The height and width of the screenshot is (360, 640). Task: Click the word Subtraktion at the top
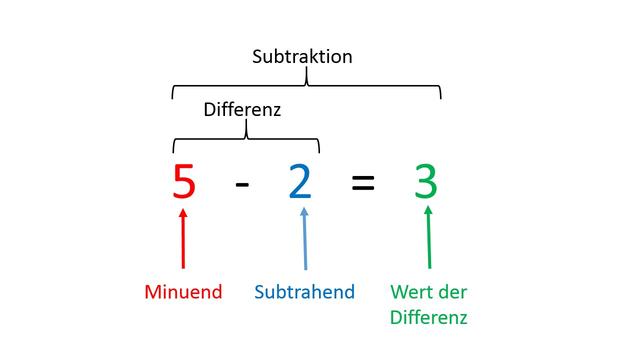point(301,56)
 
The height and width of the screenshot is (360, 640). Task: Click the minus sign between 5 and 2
point(242,184)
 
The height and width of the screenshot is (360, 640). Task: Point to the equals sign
point(363,184)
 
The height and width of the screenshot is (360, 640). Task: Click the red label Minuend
point(182,292)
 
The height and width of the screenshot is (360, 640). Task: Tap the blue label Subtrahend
point(304,292)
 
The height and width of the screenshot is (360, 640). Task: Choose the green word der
point(453,292)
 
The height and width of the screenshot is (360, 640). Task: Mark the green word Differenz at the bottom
point(429,318)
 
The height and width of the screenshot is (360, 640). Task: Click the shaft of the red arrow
point(183,245)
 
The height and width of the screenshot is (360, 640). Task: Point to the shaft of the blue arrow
point(303,245)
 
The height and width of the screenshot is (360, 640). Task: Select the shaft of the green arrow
point(429,245)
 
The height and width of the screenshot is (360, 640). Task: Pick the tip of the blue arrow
point(303,208)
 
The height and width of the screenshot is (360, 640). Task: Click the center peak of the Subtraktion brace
point(306,80)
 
